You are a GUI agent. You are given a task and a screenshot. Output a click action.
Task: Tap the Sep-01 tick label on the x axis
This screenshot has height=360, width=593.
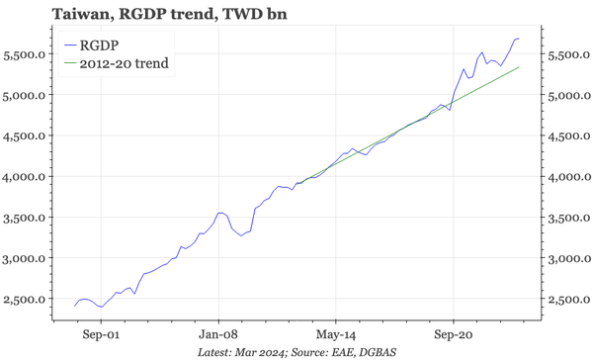pos(102,334)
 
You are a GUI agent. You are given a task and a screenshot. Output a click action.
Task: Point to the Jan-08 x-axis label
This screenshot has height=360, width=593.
pos(218,334)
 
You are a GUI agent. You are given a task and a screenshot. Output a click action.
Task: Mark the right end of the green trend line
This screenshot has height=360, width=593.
pos(520,67)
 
